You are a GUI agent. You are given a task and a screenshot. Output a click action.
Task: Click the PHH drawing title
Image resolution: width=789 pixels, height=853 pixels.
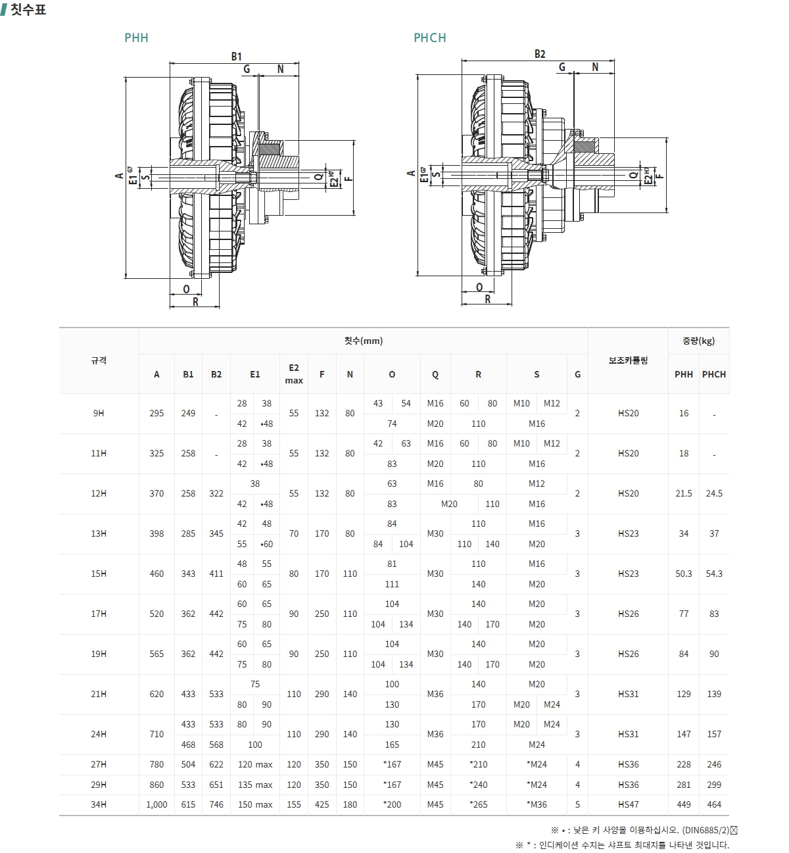[136, 38]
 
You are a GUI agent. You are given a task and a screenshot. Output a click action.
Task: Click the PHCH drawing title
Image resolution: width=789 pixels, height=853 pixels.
[429, 38]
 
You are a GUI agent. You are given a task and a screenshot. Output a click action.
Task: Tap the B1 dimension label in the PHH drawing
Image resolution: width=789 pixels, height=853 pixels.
[236, 57]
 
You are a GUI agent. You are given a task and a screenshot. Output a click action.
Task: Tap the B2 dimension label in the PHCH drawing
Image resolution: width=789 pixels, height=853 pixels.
[540, 54]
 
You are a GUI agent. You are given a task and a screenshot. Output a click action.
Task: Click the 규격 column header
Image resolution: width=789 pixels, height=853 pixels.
[99, 360]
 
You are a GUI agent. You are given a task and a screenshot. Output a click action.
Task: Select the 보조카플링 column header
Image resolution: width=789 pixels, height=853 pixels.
[628, 360]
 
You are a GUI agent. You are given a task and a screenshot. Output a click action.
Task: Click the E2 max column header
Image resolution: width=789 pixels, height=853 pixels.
[294, 374]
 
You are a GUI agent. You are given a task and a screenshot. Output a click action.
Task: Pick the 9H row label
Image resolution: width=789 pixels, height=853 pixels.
[99, 414]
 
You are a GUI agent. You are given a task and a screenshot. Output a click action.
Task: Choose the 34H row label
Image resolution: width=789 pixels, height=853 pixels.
[99, 804]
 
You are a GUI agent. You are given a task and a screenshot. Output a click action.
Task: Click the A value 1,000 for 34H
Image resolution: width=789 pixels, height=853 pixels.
[156, 804]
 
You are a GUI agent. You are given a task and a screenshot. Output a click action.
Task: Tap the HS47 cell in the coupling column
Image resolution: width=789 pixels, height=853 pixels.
[628, 804]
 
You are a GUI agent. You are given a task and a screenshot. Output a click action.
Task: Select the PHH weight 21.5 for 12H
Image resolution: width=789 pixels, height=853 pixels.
[684, 494]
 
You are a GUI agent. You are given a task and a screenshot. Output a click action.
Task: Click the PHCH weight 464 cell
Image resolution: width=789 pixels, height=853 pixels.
[714, 804]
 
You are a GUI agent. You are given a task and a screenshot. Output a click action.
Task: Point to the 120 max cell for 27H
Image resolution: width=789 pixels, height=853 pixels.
[255, 764]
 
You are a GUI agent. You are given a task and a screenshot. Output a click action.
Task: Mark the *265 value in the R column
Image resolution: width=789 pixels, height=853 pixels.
[478, 804]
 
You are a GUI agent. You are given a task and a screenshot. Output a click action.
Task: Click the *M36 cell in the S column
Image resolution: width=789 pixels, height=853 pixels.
[537, 804]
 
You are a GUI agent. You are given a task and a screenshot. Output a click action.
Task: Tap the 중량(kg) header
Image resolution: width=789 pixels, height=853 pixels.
[698, 341]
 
